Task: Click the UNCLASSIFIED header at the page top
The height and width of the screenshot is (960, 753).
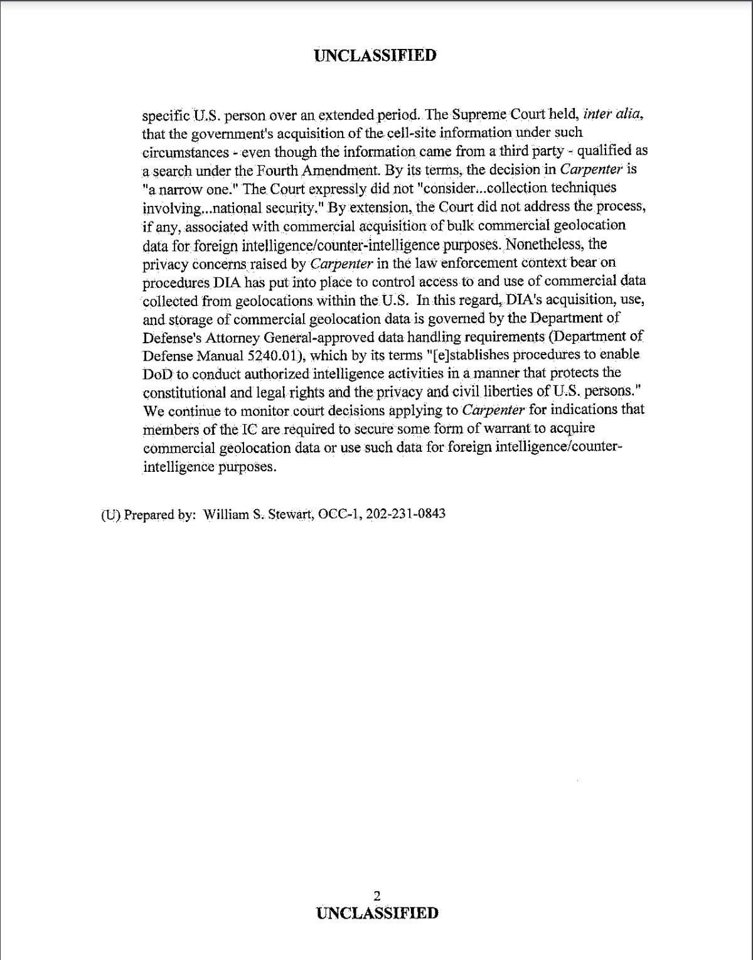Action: click(x=375, y=55)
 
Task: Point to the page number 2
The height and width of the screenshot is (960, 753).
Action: click(x=376, y=895)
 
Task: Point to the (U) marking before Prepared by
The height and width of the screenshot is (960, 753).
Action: click(x=110, y=515)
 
